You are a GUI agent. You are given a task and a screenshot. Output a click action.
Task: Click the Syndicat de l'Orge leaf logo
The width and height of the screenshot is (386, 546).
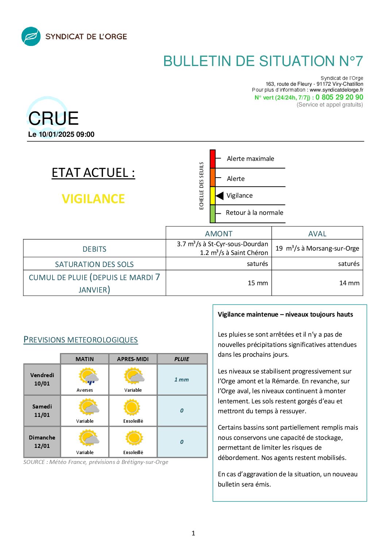(x=31, y=36)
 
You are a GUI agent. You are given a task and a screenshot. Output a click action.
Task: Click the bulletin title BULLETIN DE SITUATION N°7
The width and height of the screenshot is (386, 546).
(x=263, y=61)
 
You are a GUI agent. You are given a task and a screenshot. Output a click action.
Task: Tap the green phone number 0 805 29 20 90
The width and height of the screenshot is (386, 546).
(x=339, y=97)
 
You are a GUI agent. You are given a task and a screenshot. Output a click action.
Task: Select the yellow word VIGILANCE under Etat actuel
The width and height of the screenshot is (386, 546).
(x=93, y=199)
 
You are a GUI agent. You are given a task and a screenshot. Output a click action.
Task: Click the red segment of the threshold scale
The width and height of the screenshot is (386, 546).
(x=213, y=159)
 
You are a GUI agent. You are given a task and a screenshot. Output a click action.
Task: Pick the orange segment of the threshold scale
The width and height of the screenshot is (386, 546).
(x=213, y=178)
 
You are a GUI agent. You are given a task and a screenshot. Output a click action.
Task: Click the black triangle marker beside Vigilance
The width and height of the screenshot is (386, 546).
(x=220, y=196)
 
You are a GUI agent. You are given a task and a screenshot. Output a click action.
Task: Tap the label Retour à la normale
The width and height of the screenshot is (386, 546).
(x=254, y=213)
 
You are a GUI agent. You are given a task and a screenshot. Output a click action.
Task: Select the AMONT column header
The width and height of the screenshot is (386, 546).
(x=219, y=234)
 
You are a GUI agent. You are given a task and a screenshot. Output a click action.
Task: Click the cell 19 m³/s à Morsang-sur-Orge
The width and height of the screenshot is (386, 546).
(x=317, y=248)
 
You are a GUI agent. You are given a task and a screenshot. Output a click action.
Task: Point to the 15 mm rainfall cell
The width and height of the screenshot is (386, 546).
(x=258, y=283)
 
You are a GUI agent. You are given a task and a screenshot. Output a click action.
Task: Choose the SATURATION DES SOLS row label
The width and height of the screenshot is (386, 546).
(x=94, y=264)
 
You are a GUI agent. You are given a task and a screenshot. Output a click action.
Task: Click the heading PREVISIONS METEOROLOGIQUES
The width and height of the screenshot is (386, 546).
(x=81, y=340)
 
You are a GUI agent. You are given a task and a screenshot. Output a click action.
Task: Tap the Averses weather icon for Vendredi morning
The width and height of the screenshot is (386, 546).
(x=88, y=377)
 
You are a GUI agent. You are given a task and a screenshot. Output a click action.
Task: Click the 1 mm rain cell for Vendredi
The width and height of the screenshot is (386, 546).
(x=182, y=380)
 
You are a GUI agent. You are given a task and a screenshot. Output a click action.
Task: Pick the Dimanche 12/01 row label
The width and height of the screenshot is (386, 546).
(x=42, y=442)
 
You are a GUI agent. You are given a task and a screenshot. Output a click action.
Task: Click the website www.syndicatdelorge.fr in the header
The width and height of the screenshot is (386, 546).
(x=336, y=90)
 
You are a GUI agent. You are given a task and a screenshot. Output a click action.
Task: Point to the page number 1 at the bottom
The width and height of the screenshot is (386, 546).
(x=193, y=533)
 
